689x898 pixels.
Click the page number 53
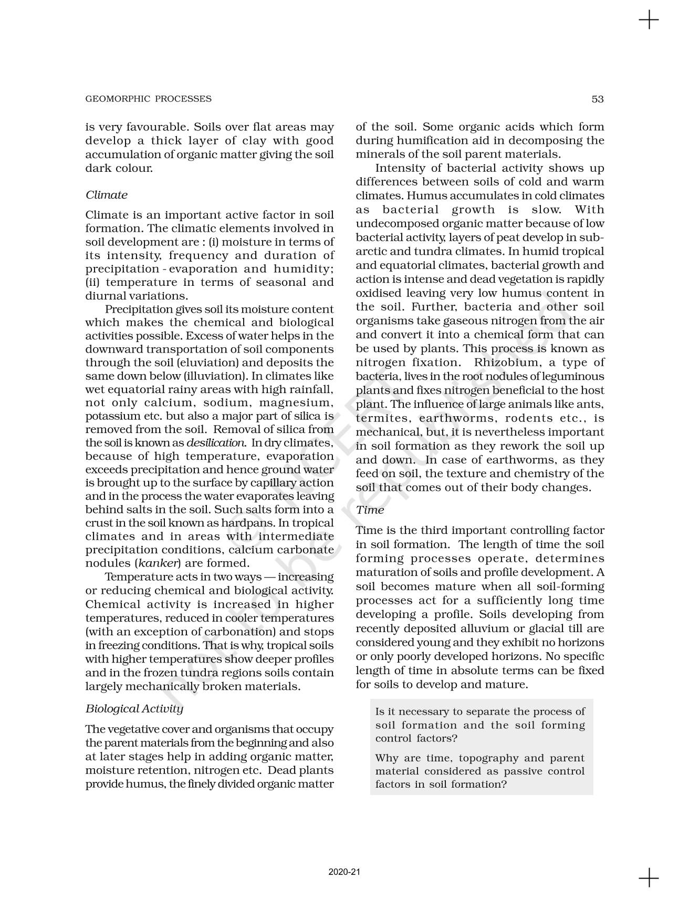tap(598, 99)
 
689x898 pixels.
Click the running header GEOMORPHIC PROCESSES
tap(149, 99)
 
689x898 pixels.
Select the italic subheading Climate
tap(107, 195)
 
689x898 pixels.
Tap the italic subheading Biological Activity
tap(134, 709)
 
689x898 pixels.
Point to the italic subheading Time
tap(370, 510)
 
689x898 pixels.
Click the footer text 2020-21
tap(344, 872)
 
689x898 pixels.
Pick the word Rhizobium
tap(507, 363)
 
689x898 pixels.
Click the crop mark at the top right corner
tap(649, 20)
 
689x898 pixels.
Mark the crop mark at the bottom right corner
tap(649, 878)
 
